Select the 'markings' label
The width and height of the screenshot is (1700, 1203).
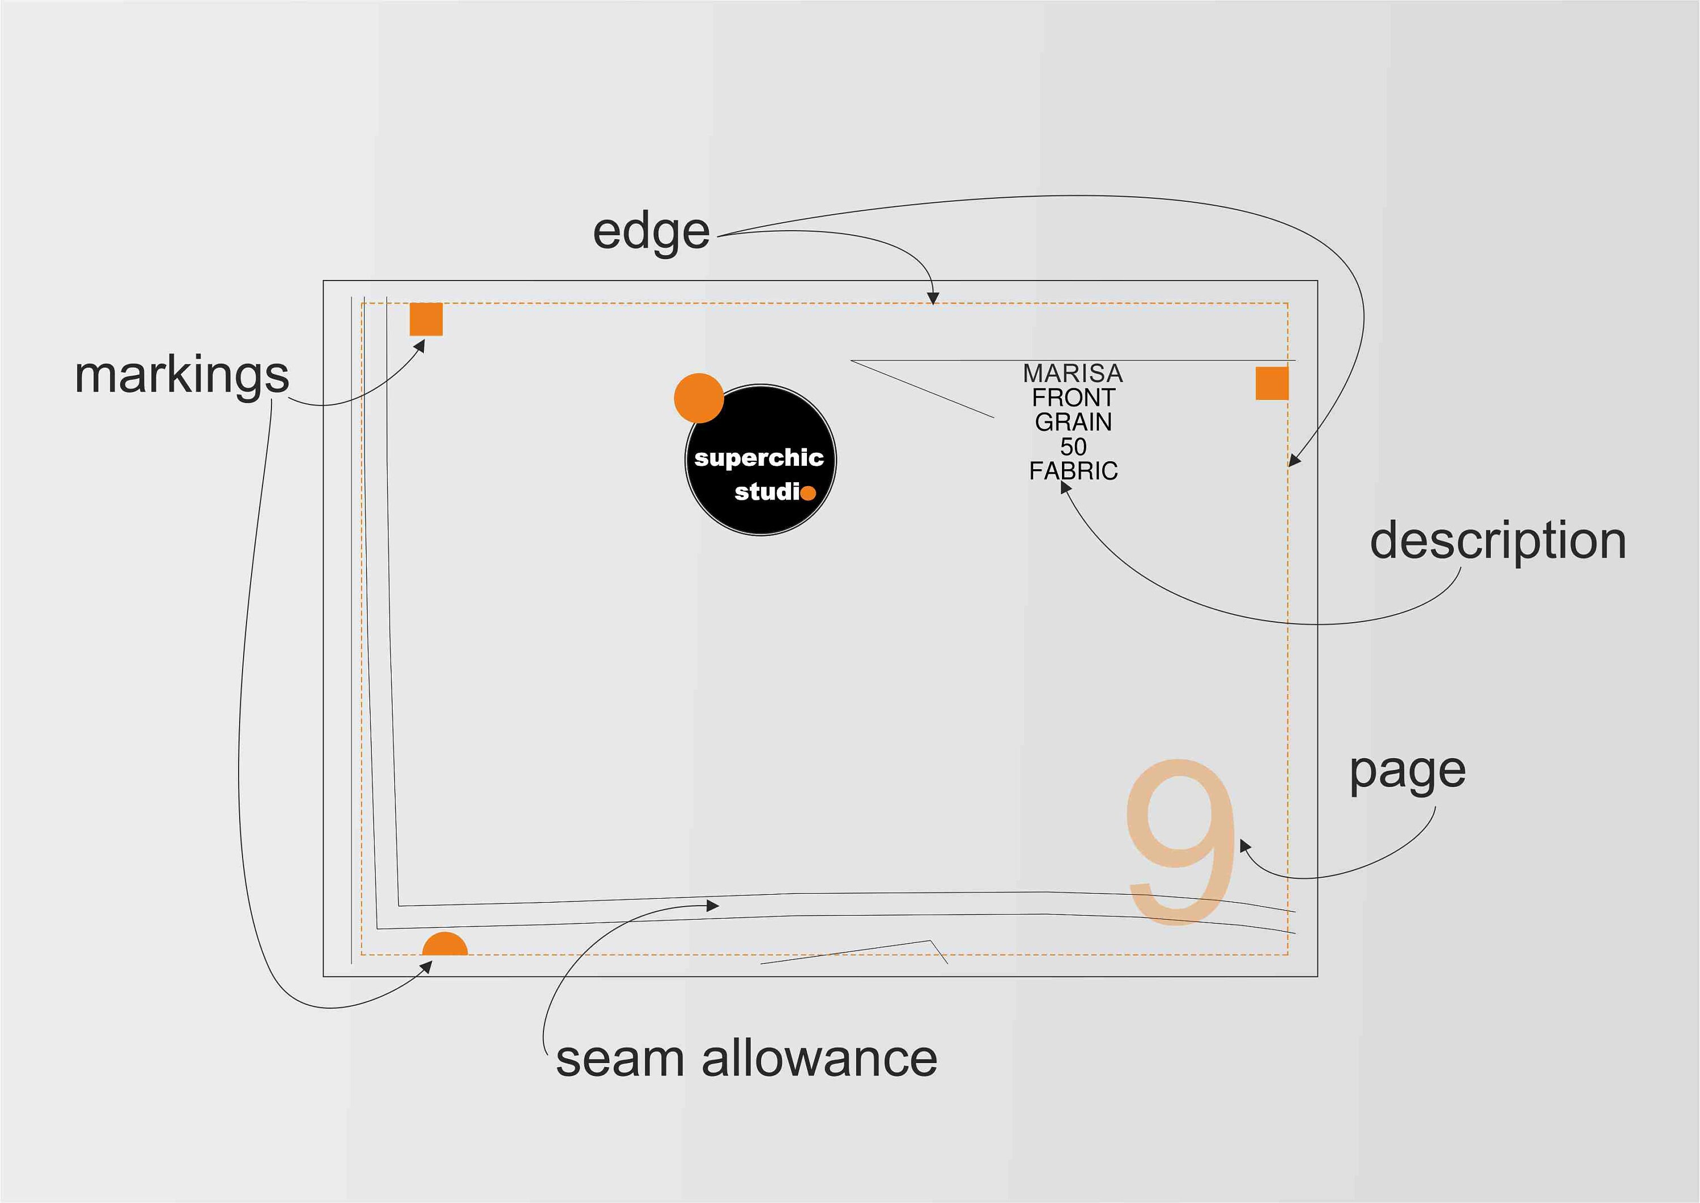181,377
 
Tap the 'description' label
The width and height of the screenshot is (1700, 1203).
1498,542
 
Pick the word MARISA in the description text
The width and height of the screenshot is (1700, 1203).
1073,373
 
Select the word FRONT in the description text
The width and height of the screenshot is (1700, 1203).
1073,398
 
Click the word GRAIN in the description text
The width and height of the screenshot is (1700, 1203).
1073,422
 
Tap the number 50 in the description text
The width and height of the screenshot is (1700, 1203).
1073,447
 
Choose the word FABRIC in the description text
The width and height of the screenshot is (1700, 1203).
1073,471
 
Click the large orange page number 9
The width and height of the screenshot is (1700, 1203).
1181,841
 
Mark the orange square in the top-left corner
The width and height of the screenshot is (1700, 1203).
426,319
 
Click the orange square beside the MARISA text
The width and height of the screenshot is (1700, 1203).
1272,383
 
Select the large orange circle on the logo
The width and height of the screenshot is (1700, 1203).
699,398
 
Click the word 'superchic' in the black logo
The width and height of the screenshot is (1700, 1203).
759,458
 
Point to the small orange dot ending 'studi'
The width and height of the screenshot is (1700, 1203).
808,492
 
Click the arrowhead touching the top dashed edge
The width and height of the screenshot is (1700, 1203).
933,299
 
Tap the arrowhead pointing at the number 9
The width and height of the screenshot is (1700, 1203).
1245,845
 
